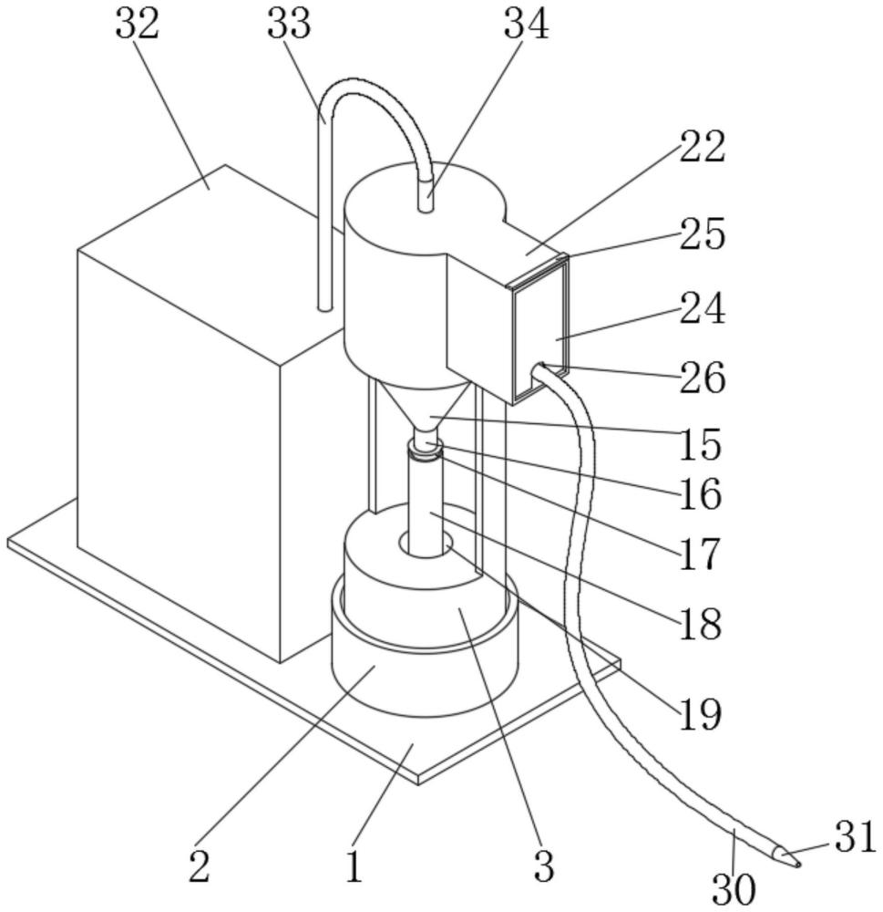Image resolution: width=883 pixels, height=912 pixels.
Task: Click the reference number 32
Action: pos(138,25)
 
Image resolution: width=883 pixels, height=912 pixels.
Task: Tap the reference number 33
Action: pos(289,25)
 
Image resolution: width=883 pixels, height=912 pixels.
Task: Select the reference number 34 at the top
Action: pos(526,25)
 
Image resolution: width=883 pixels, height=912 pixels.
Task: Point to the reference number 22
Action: pos(703,147)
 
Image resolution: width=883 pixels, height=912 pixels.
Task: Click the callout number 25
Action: pos(703,234)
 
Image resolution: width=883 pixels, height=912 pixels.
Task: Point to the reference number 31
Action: pos(854,837)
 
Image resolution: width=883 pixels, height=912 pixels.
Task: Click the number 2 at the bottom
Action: pos(199,865)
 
